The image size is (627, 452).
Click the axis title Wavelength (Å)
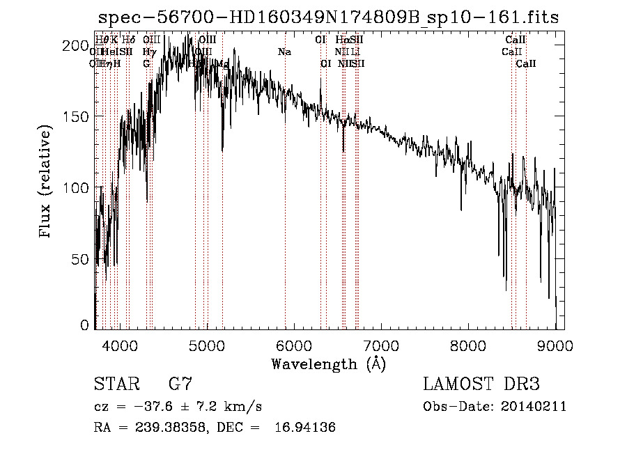point(328,364)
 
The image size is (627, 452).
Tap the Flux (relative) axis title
point(47,182)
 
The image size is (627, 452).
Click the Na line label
point(284,52)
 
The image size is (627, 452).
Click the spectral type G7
point(180,384)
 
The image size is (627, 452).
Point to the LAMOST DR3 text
point(481,384)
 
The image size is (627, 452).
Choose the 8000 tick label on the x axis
point(468,343)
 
